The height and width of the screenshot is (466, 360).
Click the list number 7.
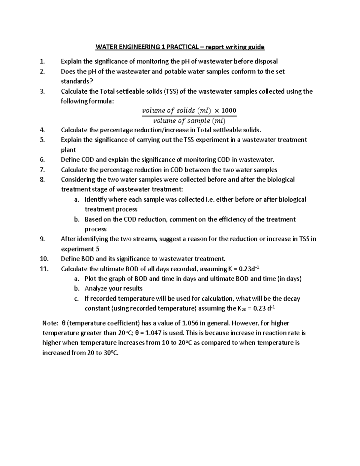(x=42, y=170)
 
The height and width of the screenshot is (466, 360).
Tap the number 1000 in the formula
(x=229, y=110)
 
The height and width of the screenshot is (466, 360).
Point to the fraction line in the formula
(x=189, y=116)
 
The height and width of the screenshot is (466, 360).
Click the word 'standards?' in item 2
(x=75, y=81)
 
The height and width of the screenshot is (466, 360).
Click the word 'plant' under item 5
(x=68, y=150)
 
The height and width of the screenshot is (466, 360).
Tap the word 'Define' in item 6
(x=70, y=160)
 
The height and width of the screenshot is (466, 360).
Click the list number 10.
(x=44, y=259)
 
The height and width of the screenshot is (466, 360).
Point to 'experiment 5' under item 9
(x=80, y=249)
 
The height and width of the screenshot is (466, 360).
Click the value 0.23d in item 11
(x=251, y=269)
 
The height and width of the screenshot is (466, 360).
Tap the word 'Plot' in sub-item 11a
(x=90, y=279)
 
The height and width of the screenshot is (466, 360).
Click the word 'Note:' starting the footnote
(x=50, y=323)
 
